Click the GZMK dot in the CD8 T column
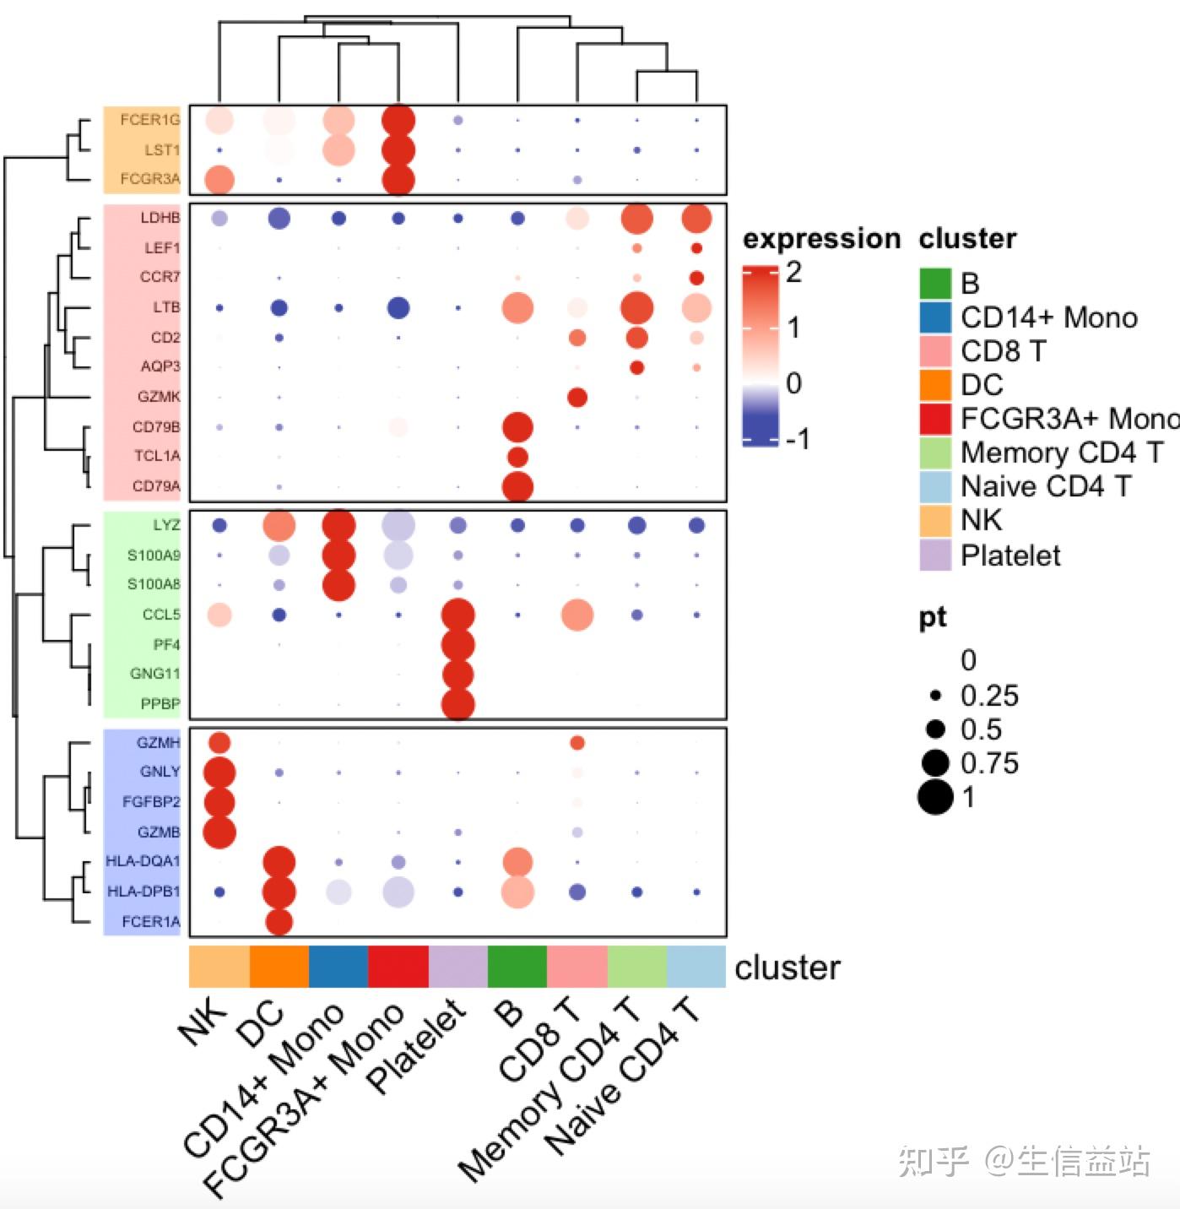(577, 397)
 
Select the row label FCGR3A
(150, 179)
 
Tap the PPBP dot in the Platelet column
(457, 704)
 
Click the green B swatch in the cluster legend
(935, 284)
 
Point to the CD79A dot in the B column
(517, 487)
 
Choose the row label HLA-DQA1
(143, 861)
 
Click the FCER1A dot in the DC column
(279, 922)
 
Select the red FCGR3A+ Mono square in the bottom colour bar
(398, 967)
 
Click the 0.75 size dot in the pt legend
(935, 763)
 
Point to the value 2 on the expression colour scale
(793, 273)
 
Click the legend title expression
(821, 239)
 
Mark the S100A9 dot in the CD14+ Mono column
(338, 556)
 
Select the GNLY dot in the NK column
(219, 773)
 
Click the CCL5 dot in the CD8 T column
(577, 615)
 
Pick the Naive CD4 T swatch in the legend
(935, 487)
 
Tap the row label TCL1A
(157, 456)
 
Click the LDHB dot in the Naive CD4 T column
(696, 218)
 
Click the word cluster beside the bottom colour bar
(788, 968)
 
